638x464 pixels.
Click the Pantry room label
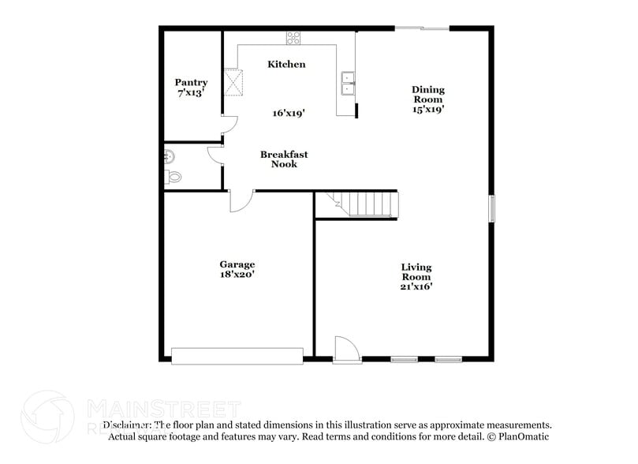pyautogui.click(x=192, y=82)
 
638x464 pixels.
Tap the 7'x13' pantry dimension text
pyautogui.click(x=192, y=92)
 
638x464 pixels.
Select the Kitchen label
pyautogui.click(x=286, y=64)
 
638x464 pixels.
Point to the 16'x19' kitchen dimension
pyautogui.click(x=289, y=113)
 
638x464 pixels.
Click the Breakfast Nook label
pyautogui.click(x=284, y=159)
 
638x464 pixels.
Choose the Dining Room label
pyautogui.click(x=428, y=95)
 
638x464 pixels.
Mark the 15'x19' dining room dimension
pyautogui.click(x=428, y=110)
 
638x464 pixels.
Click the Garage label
pyautogui.click(x=237, y=264)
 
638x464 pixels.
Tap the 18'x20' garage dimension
pyautogui.click(x=237, y=275)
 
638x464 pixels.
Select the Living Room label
pyautogui.click(x=416, y=272)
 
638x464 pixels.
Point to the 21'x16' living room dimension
pyautogui.click(x=416, y=287)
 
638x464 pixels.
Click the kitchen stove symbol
pyautogui.click(x=293, y=37)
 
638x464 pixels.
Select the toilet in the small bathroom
pyautogui.click(x=173, y=178)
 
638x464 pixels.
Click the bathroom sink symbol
pyautogui.click(x=169, y=156)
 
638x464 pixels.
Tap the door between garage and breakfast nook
pyautogui.click(x=241, y=200)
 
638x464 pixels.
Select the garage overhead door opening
pyautogui.click(x=237, y=356)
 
